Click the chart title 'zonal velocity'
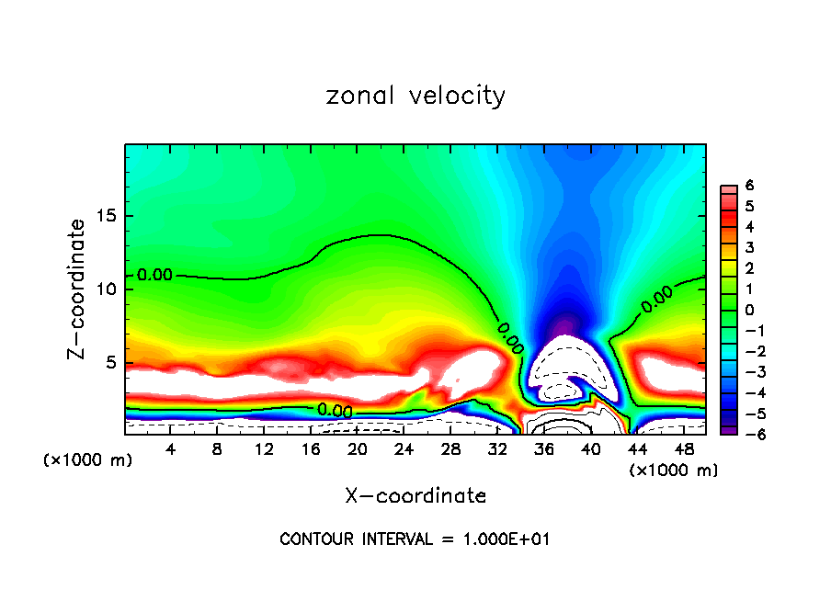click(x=415, y=96)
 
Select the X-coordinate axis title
click(x=415, y=496)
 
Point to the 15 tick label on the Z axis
click(x=107, y=217)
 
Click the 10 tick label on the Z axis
click(x=107, y=289)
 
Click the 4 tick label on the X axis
click(x=171, y=450)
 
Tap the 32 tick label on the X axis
click(x=497, y=450)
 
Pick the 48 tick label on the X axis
click(x=684, y=450)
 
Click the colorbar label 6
click(x=750, y=187)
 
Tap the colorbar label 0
click(x=750, y=310)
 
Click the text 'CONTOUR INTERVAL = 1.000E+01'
click(x=415, y=539)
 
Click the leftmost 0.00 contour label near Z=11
click(x=154, y=275)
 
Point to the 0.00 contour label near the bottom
click(x=335, y=410)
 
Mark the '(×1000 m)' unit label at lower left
click(x=88, y=460)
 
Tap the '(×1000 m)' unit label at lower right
click(x=673, y=470)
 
